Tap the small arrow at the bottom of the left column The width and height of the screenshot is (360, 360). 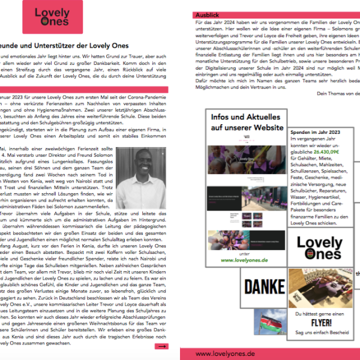[x=161, y=346]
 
